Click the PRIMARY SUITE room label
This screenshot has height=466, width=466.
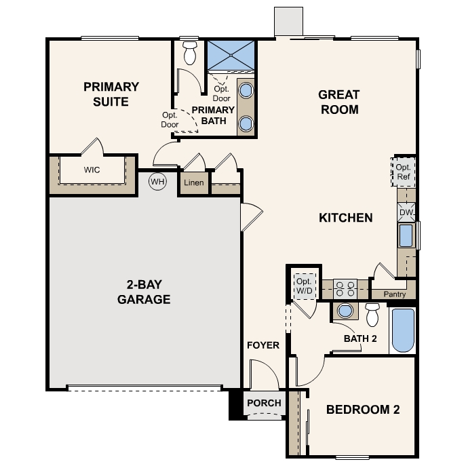(111, 94)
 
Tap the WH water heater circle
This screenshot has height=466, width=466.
(158, 182)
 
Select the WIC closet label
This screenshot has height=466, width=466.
(92, 170)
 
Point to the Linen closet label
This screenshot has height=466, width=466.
(194, 183)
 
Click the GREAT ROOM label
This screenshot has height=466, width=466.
(338, 102)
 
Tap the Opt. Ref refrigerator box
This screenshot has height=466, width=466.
(404, 172)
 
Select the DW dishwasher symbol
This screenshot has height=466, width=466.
(406, 212)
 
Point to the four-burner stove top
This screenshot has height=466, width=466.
(346, 290)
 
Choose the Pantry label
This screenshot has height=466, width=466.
(394, 294)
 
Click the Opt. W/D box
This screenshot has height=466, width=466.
(303, 286)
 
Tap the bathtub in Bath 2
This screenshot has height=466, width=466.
(402, 330)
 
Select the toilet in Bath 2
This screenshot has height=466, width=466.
(372, 315)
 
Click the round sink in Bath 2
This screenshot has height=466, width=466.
(346, 311)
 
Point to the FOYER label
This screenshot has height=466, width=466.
(263, 345)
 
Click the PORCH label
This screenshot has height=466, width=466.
(264, 403)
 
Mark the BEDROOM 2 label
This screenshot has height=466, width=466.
(362, 410)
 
